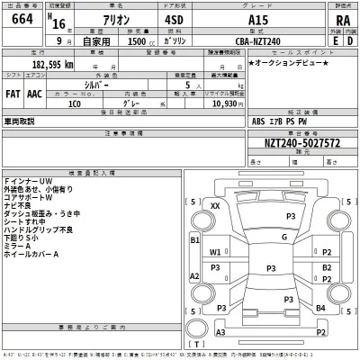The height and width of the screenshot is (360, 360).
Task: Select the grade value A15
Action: [268, 21]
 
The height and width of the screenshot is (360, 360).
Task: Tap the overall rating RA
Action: [341, 22]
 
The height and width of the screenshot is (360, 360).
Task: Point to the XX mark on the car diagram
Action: [215, 206]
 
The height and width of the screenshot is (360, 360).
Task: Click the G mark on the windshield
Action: [283, 237]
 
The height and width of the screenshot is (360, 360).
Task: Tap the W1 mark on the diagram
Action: [215, 252]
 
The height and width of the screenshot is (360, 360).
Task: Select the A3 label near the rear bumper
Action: [219, 333]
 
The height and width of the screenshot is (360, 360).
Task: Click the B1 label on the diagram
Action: [194, 240]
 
